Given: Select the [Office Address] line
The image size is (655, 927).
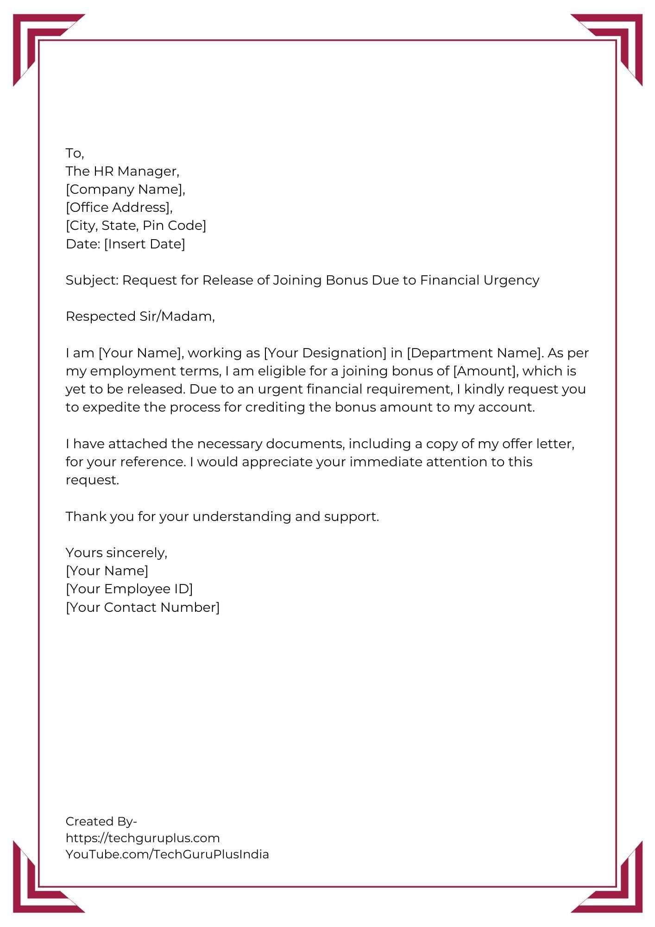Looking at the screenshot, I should (x=119, y=208).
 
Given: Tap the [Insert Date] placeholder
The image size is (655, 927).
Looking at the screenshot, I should (x=144, y=244).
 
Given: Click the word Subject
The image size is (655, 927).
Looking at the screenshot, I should (x=91, y=280).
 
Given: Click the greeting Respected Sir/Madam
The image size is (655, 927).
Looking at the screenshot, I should (x=140, y=317).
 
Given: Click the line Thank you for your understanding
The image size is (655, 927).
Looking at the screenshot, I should (x=222, y=516).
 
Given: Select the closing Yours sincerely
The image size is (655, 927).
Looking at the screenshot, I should (x=116, y=552).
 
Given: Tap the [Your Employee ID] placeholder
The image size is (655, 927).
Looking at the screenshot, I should (x=129, y=589).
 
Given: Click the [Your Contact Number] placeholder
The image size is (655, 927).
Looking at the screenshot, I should (x=142, y=607).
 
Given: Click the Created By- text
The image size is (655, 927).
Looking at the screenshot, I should (x=101, y=821).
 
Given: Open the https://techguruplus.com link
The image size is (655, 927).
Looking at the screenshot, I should (x=142, y=838).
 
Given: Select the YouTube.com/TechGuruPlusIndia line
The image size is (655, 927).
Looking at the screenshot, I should (x=167, y=854).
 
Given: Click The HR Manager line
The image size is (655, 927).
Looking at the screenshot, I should (x=122, y=171).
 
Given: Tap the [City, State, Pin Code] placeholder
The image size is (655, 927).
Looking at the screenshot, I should (x=136, y=226).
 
